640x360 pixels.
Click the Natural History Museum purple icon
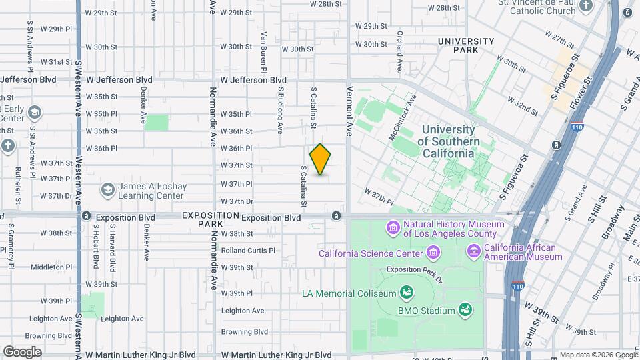pyautogui.click(x=393, y=229)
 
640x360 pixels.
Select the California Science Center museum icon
pyautogui.click(x=434, y=253)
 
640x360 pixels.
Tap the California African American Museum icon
pyautogui.click(x=474, y=251)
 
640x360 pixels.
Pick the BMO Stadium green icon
pyautogui.click(x=465, y=309)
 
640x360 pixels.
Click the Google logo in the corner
pyautogui.click(x=22, y=352)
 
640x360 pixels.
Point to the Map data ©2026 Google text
pyautogui.click(x=598, y=355)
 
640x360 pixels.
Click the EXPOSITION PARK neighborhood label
pyautogui.click(x=209, y=220)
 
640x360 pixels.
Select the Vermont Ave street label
pyautogui.click(x=349, y=111)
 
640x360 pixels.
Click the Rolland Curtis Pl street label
pyautogui.click(x=248, y=251)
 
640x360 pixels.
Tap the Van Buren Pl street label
pyautogui.click(x=264, y=53)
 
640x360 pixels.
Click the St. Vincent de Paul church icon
pyautogui.click(x=586, y=7)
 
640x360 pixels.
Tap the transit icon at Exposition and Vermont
pyautogui.click(x=337, y=216)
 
